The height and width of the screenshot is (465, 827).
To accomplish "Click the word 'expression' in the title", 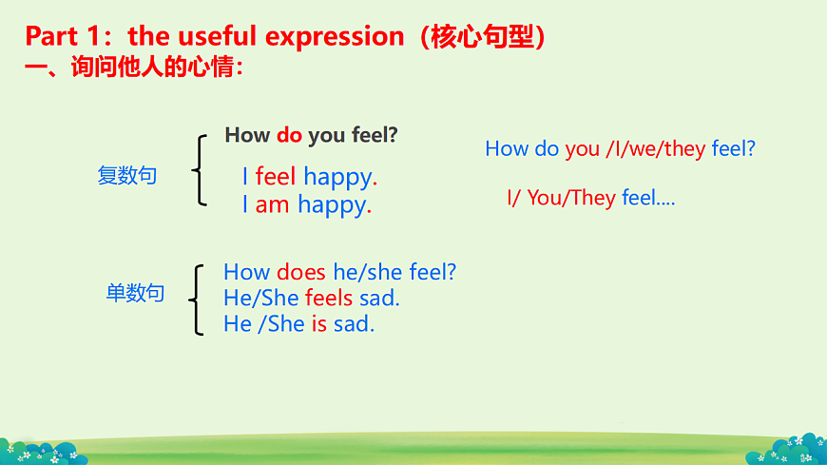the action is coord(335,37).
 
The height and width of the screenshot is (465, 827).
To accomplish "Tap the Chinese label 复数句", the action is coord(127,175).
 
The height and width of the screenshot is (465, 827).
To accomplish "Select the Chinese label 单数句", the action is coord(136,292).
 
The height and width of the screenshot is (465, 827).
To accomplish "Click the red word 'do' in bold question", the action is coord(289,135).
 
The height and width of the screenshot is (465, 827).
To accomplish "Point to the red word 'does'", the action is coord(301,272).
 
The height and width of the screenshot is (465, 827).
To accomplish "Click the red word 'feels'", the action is coord(329,299).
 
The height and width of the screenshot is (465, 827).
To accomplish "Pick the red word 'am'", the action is coord(272,204).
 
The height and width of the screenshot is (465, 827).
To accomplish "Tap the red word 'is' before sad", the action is coord(319,324).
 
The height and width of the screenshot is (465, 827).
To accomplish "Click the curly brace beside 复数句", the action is coord(199,170).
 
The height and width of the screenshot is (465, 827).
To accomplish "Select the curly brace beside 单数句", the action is coord(196,300).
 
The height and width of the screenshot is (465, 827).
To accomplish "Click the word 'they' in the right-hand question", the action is coord(684,149).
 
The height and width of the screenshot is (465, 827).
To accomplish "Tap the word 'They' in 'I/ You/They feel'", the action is coord(593,198).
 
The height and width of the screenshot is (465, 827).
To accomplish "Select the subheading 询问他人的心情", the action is coord(153,67).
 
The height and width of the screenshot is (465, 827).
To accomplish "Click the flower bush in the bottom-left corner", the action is coord(42,453).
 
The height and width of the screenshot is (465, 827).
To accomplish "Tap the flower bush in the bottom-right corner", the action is coord(787,450).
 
